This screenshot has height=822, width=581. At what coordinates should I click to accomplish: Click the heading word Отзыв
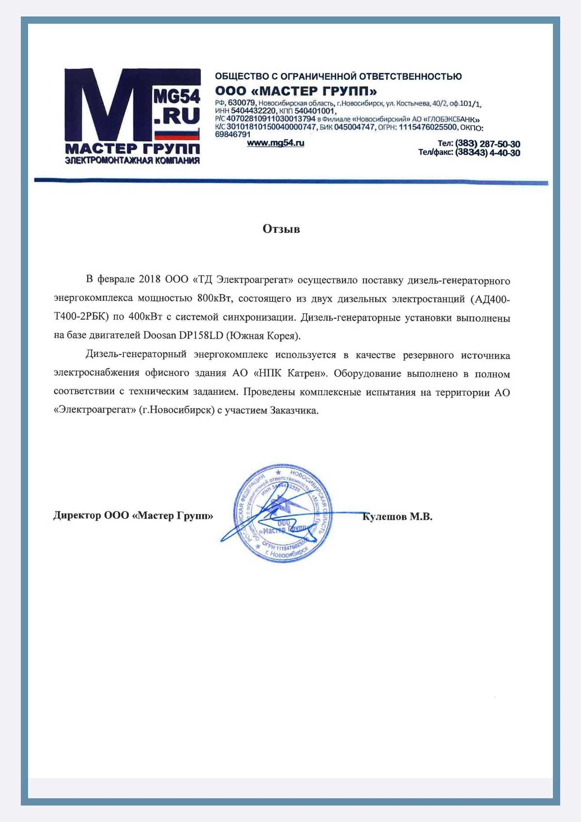[x=281, y=229]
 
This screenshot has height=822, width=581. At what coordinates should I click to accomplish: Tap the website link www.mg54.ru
[x=275, y=143]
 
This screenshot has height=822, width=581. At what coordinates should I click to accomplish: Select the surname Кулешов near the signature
[x=384, y=517]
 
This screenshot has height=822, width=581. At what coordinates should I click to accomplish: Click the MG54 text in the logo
[x=177, y=96]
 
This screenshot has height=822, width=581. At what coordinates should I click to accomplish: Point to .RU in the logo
[x=177, y=117]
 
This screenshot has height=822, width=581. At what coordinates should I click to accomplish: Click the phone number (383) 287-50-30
[x=488, y=144]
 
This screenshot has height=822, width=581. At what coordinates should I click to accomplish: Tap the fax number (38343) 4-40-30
[x=488, y=153]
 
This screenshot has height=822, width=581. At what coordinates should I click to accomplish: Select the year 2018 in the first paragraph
[x=150, y=279]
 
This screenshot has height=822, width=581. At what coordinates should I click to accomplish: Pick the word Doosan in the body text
[x=160, y=336]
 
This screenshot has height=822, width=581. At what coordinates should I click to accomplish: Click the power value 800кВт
[x=214, y=298]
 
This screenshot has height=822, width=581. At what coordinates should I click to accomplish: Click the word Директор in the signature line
[x=77, y=515]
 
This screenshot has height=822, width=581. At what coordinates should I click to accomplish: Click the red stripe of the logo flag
[x=177, y=137]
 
